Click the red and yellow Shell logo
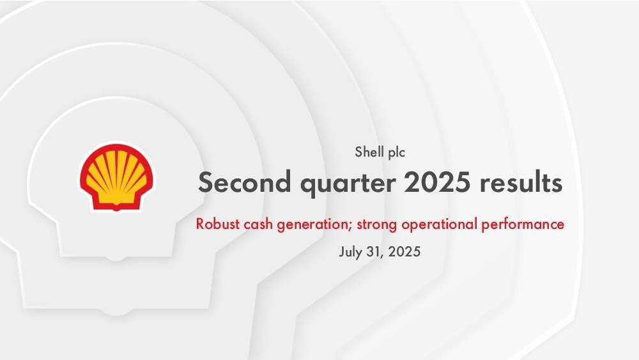[116, 177]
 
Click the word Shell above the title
[369, 152]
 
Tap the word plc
[397, 152]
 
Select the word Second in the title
[245, 182]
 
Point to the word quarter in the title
[348, 184]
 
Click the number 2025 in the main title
[437, 182]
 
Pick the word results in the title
[521, 182]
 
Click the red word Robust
[218, 224]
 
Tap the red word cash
[258, 224]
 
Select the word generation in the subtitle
[312, 225]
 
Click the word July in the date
[350, 253]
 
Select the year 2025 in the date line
[404, 251]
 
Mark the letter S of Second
[206, 182]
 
